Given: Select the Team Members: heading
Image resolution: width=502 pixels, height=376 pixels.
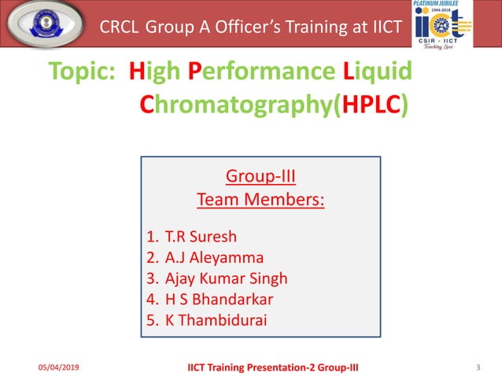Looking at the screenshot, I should pos(260,200).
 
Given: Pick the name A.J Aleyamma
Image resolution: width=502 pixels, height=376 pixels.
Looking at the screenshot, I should pos(215,257).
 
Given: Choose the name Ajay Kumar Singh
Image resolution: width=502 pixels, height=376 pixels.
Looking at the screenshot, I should pos(227,278).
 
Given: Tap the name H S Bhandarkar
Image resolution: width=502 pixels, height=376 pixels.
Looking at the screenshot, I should pos(220,300).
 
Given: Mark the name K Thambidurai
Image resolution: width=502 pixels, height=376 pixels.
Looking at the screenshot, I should pos(216,321).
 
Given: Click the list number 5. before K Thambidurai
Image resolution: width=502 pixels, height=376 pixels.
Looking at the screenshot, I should pos(153,321).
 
